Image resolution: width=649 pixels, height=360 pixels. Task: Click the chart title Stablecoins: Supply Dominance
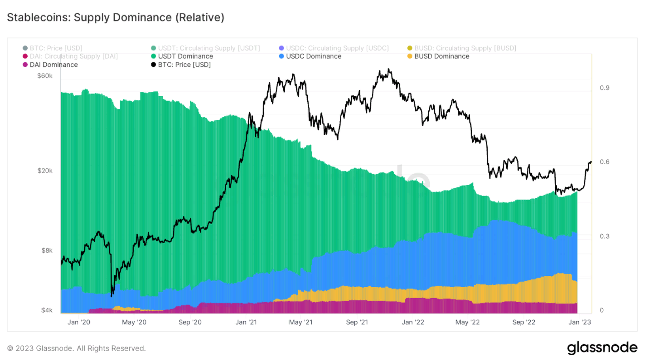tap(115, 17)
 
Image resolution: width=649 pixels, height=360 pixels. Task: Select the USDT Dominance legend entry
tap(185, 56)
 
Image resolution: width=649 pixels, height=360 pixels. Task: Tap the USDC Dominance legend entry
tap(313, 56)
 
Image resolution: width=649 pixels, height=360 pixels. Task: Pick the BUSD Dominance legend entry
tap(441, 56)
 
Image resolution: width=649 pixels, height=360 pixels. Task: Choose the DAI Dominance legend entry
tap(53, 64)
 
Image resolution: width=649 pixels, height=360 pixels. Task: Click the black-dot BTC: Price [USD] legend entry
tap(184, 64)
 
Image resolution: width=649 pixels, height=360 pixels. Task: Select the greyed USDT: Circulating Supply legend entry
tap(209, 48)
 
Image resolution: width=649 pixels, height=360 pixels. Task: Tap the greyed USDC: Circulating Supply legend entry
tap(337, 48)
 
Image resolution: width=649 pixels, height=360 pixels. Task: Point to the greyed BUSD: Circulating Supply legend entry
tap(465, 48)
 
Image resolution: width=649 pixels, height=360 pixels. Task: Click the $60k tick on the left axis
tap(45, 76)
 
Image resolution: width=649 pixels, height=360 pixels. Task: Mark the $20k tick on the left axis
tap(45, 171)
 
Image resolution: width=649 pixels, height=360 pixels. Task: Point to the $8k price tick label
tap(47, 250)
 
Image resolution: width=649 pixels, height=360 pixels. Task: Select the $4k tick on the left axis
tap(47, 310)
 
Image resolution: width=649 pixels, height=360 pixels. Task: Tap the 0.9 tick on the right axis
tap(604, 88)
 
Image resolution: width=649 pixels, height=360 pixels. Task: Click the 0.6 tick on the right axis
tap(604, 162)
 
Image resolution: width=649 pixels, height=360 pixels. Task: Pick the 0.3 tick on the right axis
tap(604, 236)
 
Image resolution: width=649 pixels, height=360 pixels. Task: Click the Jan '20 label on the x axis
tap(79, 322)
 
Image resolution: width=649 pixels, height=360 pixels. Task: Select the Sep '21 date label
tap(357, 322)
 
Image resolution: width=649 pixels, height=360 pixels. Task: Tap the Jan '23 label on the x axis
tap(579, 322)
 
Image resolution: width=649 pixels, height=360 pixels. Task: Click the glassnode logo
tap(602, 348)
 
